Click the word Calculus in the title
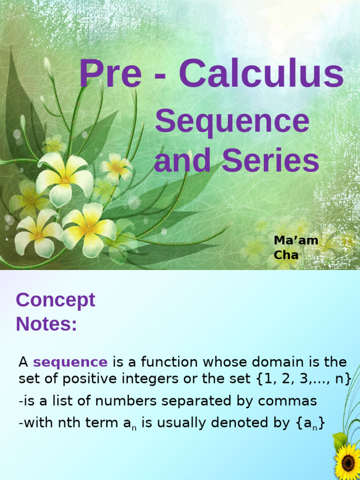point(261,74)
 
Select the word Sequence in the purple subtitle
point(232,121)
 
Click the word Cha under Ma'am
point(286,255)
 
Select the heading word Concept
point(55,300)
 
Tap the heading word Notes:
point(46,324)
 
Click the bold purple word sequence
point(70,362)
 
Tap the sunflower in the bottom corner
point(348,462)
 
